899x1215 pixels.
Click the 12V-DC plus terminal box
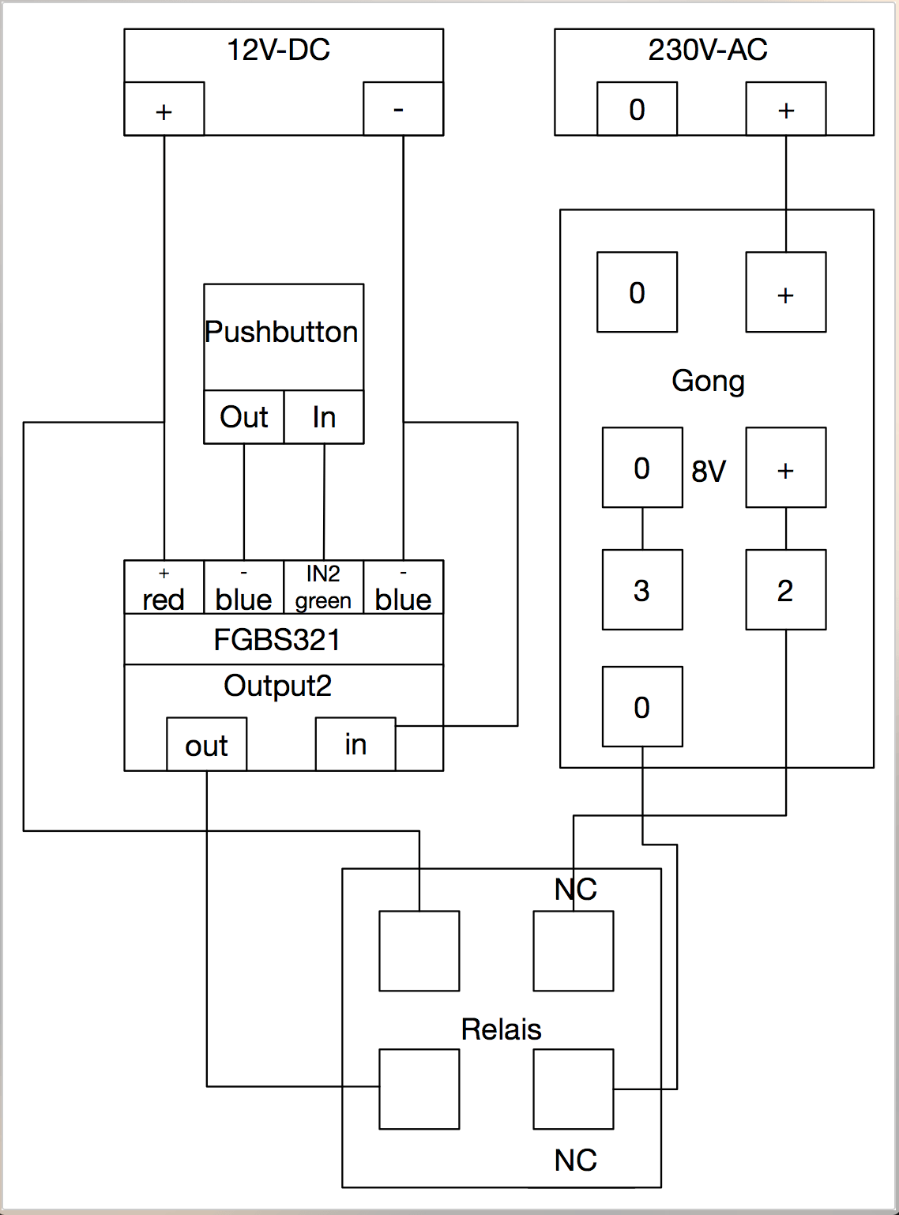coord(164,109)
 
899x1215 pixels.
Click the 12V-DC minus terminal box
coord(403,109)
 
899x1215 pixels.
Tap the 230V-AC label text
coord(708,51)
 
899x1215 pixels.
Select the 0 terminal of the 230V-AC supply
coord(637,109)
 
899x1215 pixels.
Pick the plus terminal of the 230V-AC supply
coord(786,109)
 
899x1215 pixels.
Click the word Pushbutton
coord(282,332)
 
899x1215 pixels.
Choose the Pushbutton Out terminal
coord(244,417)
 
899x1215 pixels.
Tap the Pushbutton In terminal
coord(324,417)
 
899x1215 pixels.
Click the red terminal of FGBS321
coord(164,588)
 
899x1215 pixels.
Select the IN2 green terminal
coord(323,588)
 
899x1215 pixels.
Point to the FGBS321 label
coord(277,640)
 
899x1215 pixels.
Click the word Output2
coord(277,686)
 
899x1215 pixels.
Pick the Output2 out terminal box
coord(207,744)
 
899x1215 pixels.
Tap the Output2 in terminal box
coord(355,744)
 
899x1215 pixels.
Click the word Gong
coord(708,381)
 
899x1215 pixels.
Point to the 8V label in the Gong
coord(709,472)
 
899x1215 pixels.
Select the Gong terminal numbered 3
coord(642,590)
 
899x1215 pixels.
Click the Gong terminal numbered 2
coord(786,590)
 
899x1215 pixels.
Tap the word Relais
coord(501,1030)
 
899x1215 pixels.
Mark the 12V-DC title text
coord(278,51)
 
